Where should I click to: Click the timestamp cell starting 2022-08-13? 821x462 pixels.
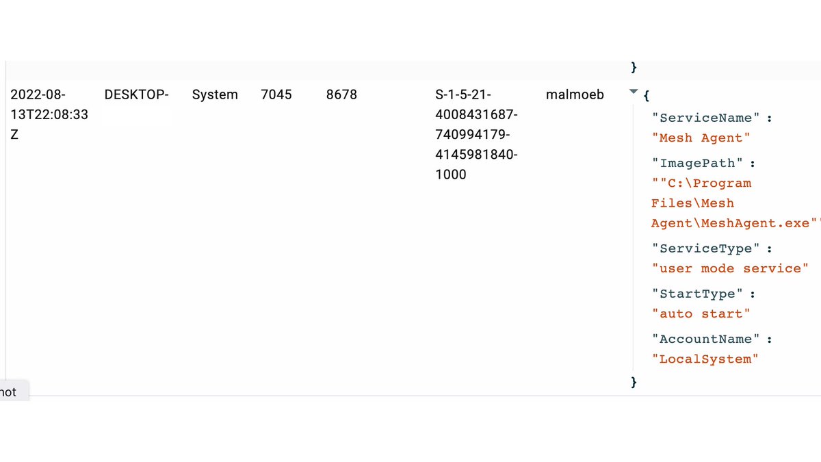click(49, 114)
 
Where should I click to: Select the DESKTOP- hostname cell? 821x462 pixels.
click(136, 95)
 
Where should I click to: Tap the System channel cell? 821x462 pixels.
click(215, 95)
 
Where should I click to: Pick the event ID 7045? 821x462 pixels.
click(276, 95)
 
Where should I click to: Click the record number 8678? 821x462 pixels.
click(341, 95)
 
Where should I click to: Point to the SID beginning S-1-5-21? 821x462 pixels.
click(476, 135)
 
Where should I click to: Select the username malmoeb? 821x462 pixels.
click(575, 95)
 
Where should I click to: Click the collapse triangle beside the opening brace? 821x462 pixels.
click(633, 92)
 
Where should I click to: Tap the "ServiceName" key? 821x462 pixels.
click(705, 118)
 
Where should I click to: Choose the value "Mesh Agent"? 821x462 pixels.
click(701, 138)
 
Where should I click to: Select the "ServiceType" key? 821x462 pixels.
click(705, 248)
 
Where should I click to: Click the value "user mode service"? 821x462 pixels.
click(730, 268)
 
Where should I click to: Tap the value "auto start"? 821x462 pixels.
click(701, 314)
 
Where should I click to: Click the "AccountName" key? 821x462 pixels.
click(705, 339)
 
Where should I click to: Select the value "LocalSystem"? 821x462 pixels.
click(705, 359)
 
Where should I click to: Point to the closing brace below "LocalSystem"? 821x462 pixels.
click(634, 381)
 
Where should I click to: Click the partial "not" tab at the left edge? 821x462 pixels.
click(10, 392)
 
